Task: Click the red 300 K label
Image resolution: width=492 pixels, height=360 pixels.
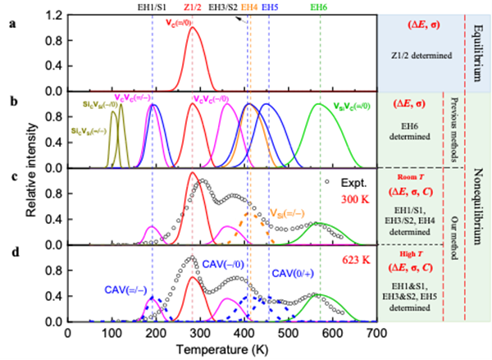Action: [x=353, y=198]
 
